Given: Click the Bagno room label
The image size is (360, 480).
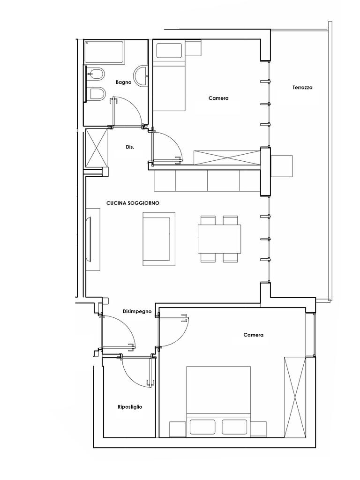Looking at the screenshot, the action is point(123,82).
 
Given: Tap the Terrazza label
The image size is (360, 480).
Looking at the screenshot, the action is point(302,88).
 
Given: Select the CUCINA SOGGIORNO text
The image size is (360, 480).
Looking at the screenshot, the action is point(133,203).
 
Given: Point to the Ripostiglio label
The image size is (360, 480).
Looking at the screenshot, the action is point(130,407).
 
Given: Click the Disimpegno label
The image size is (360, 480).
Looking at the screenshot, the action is point(137,312).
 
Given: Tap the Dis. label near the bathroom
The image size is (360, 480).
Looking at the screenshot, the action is point(130,147).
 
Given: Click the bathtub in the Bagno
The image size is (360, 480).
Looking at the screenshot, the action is point(104,52).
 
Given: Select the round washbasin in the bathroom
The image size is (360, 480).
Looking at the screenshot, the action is point(141,75).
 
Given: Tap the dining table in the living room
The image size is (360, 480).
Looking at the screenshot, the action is point(219,239).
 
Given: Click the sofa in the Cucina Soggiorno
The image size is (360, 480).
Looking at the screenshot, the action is point(159,239).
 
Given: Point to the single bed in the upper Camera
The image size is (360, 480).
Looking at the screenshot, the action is point(169,76).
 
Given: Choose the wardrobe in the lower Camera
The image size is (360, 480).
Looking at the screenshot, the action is point(295,397).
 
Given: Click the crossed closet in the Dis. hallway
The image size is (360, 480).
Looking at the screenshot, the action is point(97,148).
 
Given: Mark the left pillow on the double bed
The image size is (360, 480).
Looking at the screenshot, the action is point(202,427).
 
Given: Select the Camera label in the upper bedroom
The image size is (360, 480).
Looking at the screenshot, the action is point(218,98).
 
